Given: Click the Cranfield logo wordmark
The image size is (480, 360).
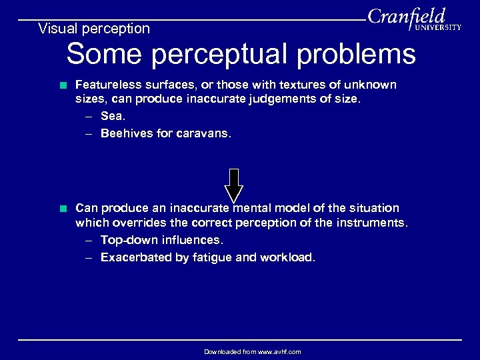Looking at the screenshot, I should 406,16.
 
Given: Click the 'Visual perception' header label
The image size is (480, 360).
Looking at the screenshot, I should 94,29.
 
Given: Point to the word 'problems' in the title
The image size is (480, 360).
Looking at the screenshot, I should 356,54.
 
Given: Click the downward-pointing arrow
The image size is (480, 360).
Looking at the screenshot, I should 233,185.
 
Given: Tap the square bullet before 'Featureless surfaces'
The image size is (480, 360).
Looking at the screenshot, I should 63,85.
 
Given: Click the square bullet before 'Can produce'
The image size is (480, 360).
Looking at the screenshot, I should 63,208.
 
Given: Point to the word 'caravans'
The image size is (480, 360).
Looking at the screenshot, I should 204,133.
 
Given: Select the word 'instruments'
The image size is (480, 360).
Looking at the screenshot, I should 372,222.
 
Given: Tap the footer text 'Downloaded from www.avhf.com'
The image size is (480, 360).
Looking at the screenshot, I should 252,351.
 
